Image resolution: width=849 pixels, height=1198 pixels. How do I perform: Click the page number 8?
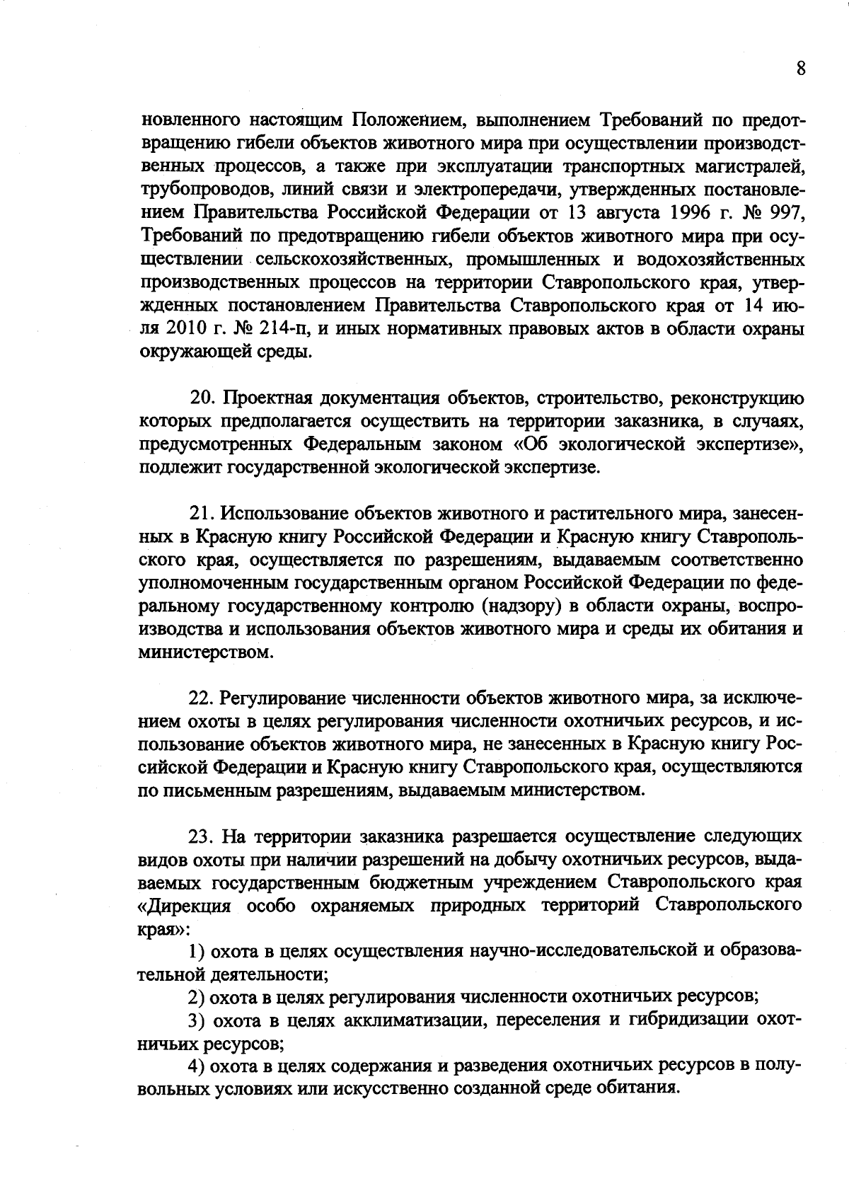800,69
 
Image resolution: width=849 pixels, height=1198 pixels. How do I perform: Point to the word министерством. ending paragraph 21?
204,652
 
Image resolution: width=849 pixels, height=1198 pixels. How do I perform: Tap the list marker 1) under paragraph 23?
196,952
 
